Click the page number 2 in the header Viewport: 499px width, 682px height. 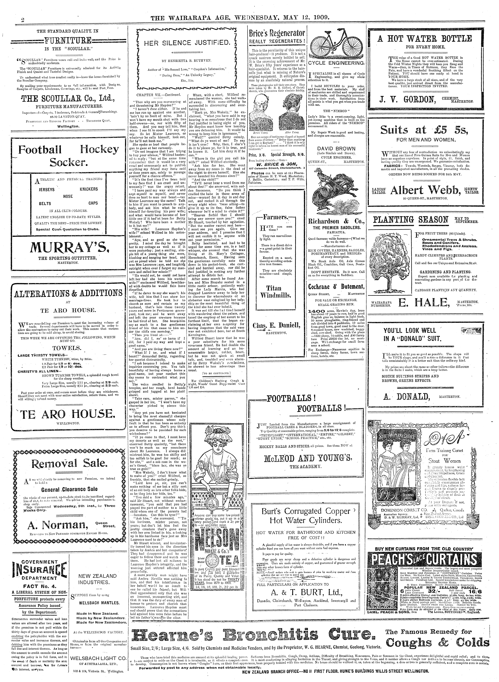(23, 20)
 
